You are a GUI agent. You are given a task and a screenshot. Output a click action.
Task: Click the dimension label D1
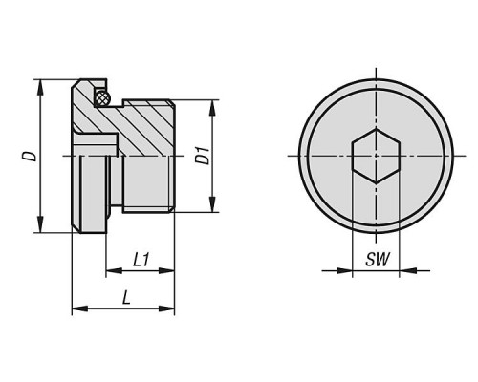[x=203, y=156]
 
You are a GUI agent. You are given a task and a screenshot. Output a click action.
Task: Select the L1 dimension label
[x=141, y=260]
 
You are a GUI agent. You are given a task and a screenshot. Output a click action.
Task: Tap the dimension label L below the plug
[x=126, y=298]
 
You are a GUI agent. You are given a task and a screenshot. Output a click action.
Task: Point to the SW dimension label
[x=378, y=260]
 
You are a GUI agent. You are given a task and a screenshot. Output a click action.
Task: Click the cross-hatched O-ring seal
[x=102, y=96]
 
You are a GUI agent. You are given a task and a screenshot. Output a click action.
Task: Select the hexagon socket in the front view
[x=376, y=156]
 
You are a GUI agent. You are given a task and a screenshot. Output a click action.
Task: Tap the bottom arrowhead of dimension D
[x=40, y=224]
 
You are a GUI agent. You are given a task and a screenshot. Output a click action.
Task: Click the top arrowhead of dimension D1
[x=212, y=108]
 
